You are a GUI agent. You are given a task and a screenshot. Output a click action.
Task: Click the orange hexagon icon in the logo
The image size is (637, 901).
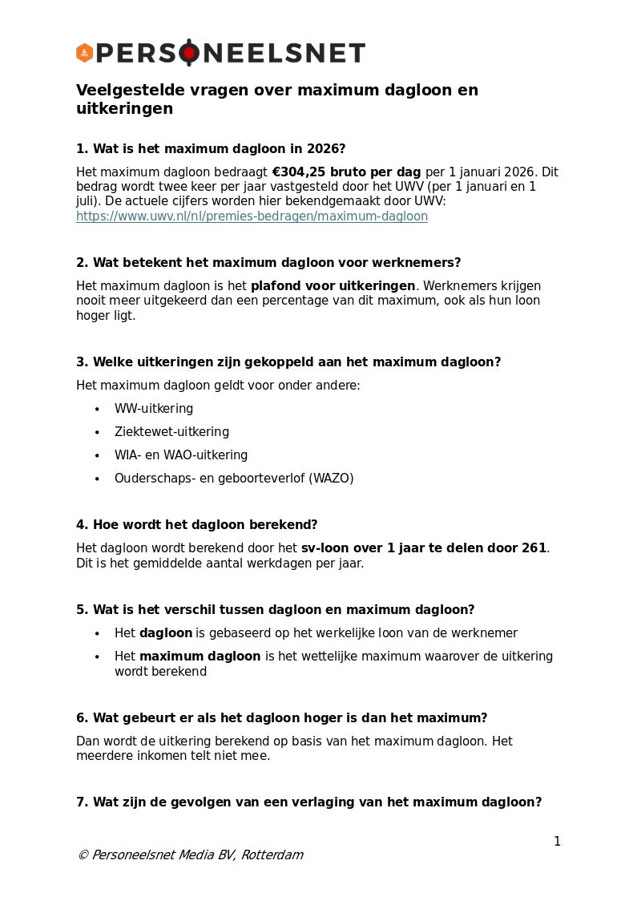pyautogui.click(x=84, y=53)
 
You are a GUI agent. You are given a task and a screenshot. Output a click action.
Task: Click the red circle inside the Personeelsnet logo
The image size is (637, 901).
pyautogui.click(x=189, y=53)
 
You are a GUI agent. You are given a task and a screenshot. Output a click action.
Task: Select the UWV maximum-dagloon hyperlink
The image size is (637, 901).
pyautogui.click(x=252, y=216)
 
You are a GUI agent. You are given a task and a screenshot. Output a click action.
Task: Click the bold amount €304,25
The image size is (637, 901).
pyautogui.click(x=301, y=172)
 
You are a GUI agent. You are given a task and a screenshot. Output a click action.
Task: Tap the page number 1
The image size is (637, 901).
pyautogui.click(x=557, y=842)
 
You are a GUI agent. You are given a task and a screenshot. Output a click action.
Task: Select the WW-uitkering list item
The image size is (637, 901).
pyautogui.click(x=154, y=409)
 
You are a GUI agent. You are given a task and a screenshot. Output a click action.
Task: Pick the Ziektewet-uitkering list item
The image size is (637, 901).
pyautogui.click(x=171, y=432)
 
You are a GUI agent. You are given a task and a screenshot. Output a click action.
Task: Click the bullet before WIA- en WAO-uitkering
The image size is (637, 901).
pyautogui.click(x=97, y=456)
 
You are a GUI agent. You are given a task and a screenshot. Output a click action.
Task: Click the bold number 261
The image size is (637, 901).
pyautogui.click(x=534, y=548)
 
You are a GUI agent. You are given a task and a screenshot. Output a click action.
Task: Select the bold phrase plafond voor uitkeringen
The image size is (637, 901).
pyautogui.click(x=333, y=286)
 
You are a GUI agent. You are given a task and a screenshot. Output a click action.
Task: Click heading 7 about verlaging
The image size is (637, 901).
pyautogui.click(x=308, y=802)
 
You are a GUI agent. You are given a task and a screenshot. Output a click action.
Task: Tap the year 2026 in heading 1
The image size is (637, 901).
pyautogui.click(x=326, y=149)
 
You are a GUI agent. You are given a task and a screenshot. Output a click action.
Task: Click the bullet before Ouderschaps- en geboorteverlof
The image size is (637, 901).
pyautogui.click(x=97, y=479)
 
